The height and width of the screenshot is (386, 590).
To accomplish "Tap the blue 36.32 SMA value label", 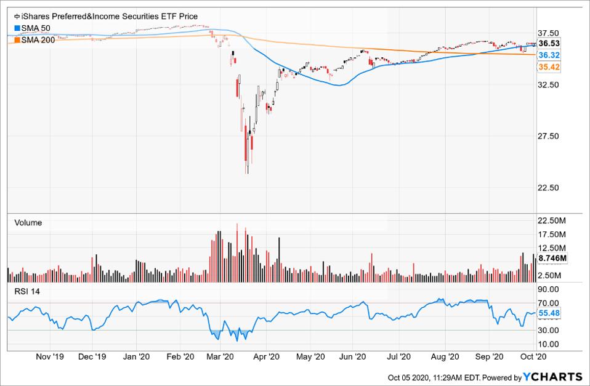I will coord(548,55).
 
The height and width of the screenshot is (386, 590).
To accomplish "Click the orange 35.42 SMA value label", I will coord(548,67).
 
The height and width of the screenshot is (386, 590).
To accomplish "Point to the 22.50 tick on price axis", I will coord(548,188).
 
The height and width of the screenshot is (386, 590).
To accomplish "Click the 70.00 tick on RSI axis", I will coord(548,303).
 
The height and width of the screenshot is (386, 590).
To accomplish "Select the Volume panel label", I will coord(28,223).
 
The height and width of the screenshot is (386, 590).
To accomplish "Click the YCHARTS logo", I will coord(553,377).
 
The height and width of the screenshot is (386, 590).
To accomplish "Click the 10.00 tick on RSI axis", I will coord(548,344).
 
